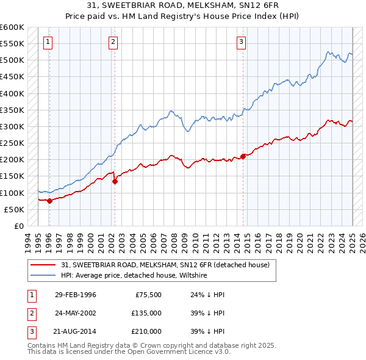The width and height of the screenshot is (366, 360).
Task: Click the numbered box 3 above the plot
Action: pyautogui.click(x=242, y=42)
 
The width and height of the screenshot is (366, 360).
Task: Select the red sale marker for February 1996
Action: pyautogui.click(x=49, y=201)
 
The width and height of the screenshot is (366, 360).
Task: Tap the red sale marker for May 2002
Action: pyautogui.click(x=115, y=181)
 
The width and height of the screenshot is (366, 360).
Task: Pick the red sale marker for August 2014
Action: pyautogui.click(x=243, y=156)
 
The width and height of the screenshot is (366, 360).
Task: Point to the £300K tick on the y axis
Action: pyautogui.click(x=12, y=126)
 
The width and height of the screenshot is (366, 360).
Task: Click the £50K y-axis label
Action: pyautogui.click(x=14, y=209)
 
